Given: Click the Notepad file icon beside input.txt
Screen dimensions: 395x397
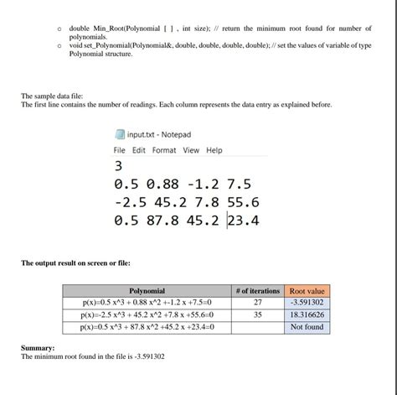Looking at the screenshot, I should [x=119, y=134].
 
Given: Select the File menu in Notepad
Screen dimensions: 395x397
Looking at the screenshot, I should [x=119, y=150].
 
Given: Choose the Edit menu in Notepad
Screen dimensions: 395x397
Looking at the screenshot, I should [x=138, y=150].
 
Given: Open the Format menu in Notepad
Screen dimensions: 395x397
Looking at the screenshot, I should [x=164, y=150].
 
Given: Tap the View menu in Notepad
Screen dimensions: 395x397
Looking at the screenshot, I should [x=192, y=150].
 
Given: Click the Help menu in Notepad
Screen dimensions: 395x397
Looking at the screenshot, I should [x=214, y=150].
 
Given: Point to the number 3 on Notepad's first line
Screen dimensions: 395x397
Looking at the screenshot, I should [x=118, y=166].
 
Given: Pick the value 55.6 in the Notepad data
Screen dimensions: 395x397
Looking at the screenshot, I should [x=243, y=203].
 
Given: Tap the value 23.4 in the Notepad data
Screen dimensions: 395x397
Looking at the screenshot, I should [x=243, y=221].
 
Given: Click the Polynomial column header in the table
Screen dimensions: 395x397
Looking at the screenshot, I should [x=147, y=290].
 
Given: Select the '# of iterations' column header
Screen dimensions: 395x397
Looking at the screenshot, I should [x=257, y=290].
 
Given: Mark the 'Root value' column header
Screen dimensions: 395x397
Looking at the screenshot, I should [x=307, y=290].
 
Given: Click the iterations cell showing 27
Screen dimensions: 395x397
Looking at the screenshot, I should [x=257, y=302].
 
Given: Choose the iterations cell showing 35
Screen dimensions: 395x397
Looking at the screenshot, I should [x=257, y=314].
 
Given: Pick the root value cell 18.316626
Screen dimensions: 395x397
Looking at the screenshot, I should [x=307, y=314].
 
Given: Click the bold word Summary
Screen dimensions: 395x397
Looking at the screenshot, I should [x=39, y=347].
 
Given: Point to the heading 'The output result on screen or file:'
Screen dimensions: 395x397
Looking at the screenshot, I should [x=75, y=263].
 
